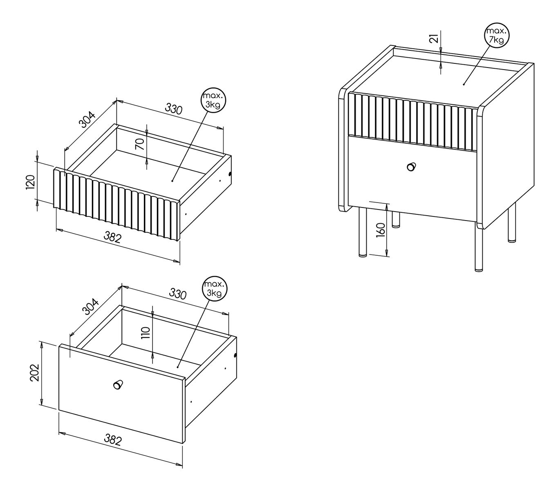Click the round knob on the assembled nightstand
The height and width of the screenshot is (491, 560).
(411, 167)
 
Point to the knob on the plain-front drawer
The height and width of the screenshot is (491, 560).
(118, 385)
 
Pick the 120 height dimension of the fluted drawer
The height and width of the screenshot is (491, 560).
(30, 182)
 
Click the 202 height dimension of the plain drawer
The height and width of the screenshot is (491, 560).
(35, 372)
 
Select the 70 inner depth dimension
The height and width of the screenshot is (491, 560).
(140, 144)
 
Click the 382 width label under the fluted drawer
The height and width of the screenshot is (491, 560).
(112, 237)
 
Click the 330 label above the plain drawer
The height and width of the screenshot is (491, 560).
(178, 294)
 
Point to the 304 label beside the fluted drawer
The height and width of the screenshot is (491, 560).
(87, 120)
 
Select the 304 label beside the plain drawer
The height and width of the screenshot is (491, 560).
(90, 306)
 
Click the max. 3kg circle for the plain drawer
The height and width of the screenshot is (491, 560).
(215, 289)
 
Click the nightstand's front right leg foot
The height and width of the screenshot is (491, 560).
(479, 270)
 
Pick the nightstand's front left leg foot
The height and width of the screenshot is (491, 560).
(363, 255)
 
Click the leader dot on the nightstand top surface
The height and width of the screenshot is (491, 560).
(464, 84)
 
